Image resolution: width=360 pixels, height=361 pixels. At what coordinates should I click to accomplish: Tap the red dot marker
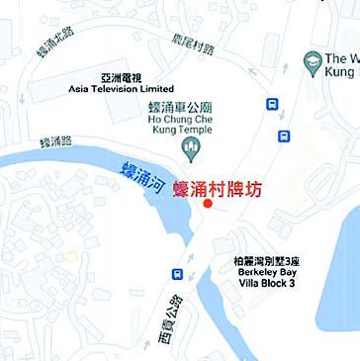click(x=208, y=204)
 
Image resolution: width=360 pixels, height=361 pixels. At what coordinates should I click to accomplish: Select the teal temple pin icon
click(x=194, y=148)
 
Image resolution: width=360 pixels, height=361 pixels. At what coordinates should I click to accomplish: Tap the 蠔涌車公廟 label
click(x=193, y=107)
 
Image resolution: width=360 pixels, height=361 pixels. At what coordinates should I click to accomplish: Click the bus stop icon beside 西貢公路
click(x=178, y=273)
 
